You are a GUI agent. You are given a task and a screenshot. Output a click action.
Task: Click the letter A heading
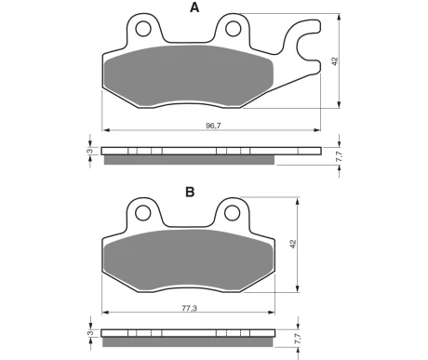coord(194,7)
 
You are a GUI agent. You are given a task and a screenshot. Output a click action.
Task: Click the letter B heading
coord(190,192)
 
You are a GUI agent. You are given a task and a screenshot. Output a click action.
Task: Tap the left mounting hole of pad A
coord(143,29)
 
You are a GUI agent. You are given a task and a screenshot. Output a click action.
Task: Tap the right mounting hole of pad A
coord(234,29)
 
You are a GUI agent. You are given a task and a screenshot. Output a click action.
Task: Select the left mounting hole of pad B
coord(143,213)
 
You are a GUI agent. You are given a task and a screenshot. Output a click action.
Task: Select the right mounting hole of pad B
coord(233,213)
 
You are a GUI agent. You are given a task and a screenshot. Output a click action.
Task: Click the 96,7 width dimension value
coord(213,126)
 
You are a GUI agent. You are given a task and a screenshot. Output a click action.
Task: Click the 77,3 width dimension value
coord(190,308)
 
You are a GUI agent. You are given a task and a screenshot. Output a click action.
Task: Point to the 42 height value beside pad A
coord(334,61)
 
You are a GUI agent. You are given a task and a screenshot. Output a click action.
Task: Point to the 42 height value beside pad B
coord(293,244)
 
